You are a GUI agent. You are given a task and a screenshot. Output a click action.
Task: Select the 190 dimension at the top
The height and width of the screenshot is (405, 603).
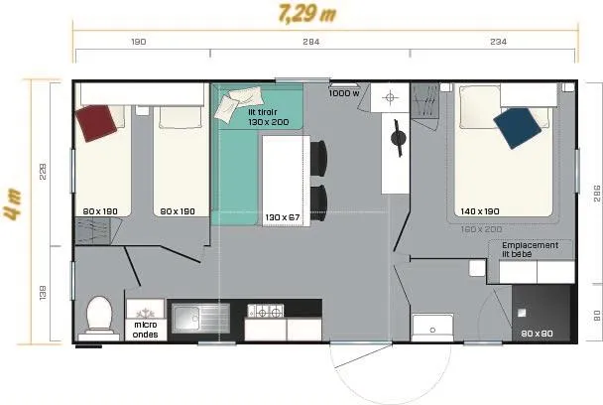click(139, 42)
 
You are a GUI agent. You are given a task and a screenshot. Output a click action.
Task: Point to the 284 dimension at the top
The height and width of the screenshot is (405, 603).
click(310, 42)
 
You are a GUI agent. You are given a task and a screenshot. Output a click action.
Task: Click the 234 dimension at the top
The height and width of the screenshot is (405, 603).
click(497, 42)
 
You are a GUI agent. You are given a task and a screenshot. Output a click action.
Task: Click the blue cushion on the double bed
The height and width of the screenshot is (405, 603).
click(518, 127)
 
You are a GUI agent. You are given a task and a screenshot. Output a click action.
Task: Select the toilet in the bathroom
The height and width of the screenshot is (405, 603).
click(100, 317)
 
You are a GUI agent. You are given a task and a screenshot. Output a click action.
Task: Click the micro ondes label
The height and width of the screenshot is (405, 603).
click(145, 329)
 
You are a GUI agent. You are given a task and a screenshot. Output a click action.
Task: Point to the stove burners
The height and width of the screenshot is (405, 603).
click(265, 313)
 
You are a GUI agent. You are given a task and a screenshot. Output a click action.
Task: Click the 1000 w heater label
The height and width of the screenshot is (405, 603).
click(344, 92)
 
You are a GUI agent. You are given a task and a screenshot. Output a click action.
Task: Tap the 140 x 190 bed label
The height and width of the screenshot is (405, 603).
click(479, 210)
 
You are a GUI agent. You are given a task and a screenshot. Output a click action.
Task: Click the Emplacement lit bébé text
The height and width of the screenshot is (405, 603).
click(530, 249)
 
